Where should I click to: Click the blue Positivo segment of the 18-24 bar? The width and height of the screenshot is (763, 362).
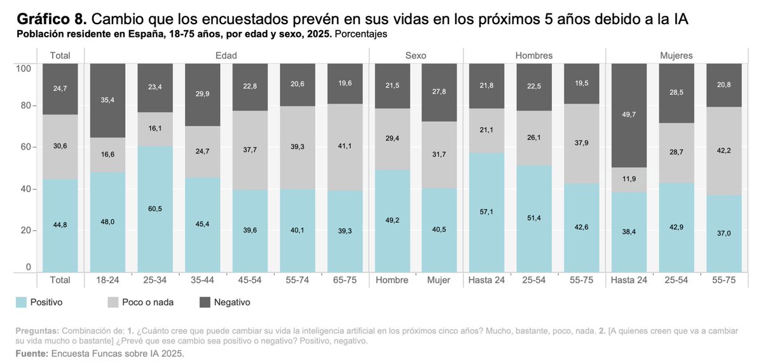(x=107, y=222)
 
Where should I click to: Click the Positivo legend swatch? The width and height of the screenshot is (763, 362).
(x=20, y=302)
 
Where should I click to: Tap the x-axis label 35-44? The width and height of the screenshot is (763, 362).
(x=203, y=280)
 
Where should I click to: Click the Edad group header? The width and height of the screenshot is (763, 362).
(x=226, y=55)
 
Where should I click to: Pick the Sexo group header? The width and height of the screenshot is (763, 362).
(x=415, y=55)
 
